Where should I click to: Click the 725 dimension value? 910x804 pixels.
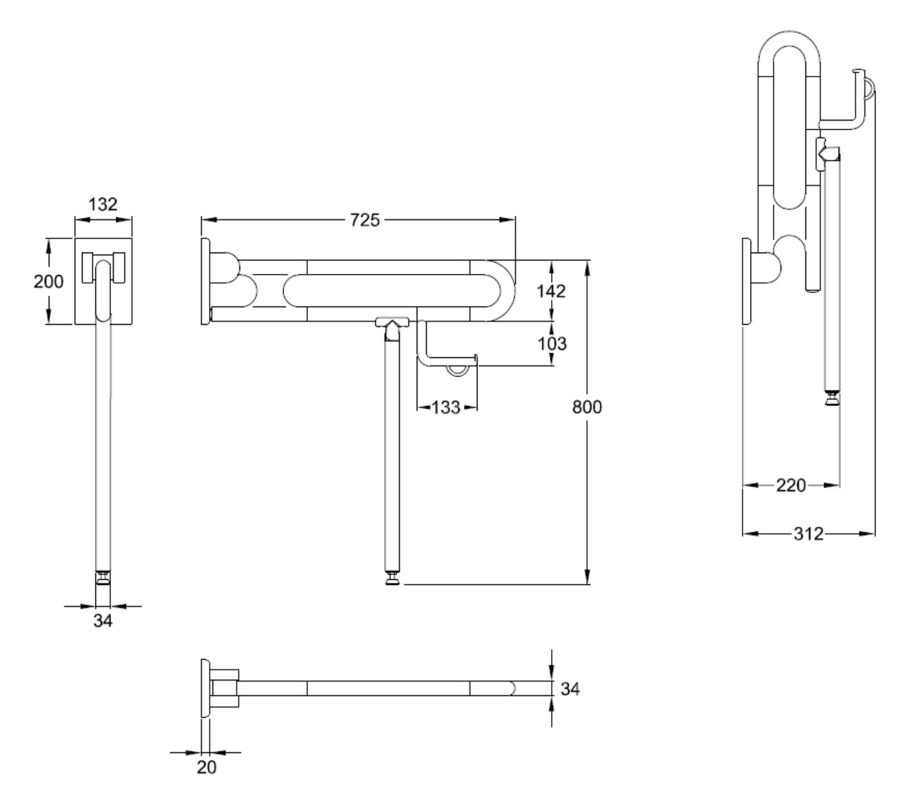(x=365, y=220)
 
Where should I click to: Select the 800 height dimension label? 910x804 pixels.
(x=587, y=408)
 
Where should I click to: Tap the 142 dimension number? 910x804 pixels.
(x=552, y=291)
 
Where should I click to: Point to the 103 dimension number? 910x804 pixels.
(x=552, y=343)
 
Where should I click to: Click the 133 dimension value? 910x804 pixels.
(x=446, y=408)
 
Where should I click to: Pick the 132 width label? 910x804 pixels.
(x=103, y=204)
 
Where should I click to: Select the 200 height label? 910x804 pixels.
(x=48, y=281)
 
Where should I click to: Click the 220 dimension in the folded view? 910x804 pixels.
(x=791, y=485)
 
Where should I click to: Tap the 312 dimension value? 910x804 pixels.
(x=808, y=533)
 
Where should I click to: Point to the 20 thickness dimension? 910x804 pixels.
(x=206, y=767)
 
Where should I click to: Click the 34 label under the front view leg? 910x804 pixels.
(x=103, y=621)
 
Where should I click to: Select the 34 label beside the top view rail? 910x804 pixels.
(x=569, y=688)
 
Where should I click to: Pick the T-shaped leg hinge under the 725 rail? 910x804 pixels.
(x=392, y=323)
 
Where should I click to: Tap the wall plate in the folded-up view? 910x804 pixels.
(x=746, y=281)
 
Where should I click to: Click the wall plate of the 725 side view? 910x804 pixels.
(x=205, y=281)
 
